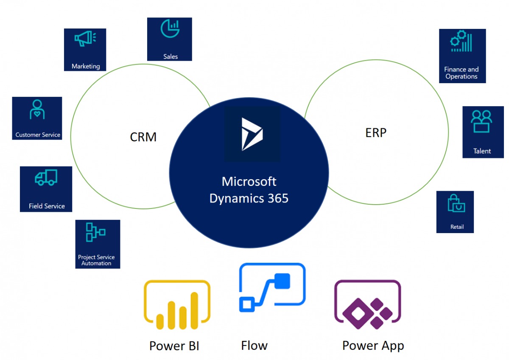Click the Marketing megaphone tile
85,49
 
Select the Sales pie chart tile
169,39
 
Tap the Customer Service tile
37,118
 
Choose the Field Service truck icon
46,177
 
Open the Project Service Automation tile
98,244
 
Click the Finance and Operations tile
462,56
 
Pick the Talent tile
483,132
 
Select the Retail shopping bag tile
455,212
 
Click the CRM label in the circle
143,137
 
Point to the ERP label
376,133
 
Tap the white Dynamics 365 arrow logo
252,134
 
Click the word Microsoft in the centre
249,182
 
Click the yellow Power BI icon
177,304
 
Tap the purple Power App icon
367,304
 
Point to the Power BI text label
174,346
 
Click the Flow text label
254,346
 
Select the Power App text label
373,346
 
